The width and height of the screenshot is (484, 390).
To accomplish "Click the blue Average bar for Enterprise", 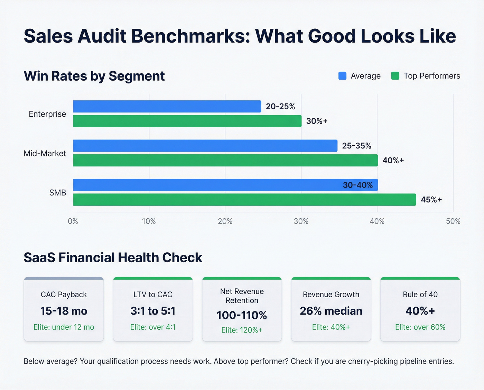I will (x=167, y=107).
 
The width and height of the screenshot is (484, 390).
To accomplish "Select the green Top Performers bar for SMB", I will (x=244, y=200).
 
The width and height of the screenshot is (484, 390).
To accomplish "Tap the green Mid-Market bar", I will (x=225, y=161).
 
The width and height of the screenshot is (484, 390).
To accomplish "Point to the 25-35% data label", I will (x=356, y=146).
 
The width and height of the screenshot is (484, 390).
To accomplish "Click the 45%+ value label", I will (x=431, y=200).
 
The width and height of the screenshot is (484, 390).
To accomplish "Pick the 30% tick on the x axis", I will (x=301, y=221).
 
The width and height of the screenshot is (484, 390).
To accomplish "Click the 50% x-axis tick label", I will (x=453, y=221).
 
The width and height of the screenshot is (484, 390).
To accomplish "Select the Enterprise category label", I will (x=47, y=114).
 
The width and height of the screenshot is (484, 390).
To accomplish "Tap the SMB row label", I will (x=57, y=193).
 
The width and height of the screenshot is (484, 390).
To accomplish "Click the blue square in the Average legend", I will (x=342, y=76).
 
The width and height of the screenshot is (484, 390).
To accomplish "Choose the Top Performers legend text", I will (x=432, y=76).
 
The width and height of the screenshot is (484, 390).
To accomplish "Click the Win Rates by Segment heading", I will (x=94, y=76).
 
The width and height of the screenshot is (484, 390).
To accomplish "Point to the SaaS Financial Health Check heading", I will (x=113, y=258).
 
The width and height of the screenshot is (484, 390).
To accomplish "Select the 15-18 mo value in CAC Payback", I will (x=64, y=311).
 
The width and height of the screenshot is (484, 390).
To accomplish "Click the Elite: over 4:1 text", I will (x=153, y=327).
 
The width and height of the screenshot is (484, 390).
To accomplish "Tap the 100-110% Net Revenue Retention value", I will (x=242, y=315).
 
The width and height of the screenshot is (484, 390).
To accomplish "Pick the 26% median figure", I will (x=331, y=311).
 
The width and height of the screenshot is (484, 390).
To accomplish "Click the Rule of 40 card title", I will (x=420, y=294).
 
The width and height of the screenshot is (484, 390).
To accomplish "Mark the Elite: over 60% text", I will (x=420, y=327).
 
